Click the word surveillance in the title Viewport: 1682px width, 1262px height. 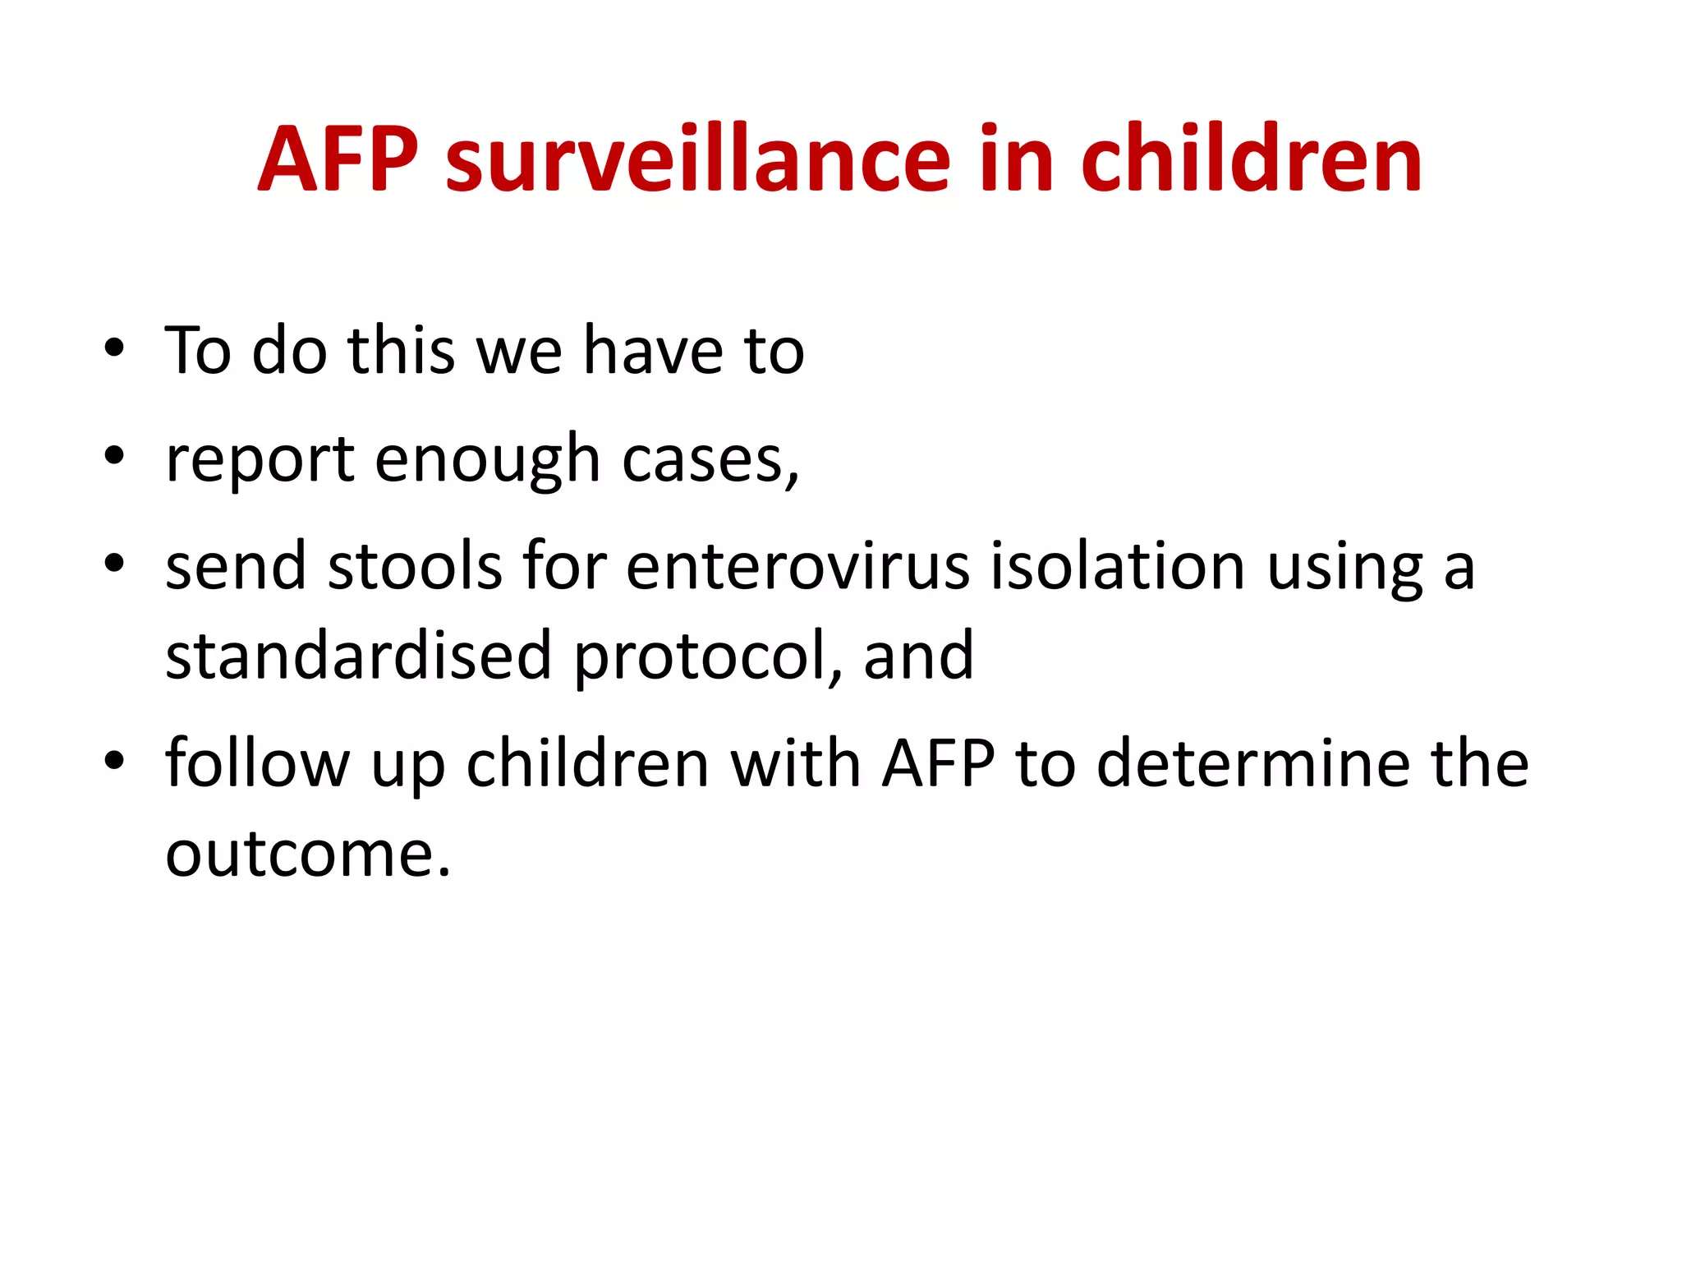click(698, 159)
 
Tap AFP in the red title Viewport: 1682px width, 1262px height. click(338, 159)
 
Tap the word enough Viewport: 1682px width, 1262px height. click(488, 460)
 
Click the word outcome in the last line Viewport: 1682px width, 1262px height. click(308, 854)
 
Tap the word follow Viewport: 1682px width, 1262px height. click(257, 764)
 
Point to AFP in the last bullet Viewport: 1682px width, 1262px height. click(938, 764)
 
